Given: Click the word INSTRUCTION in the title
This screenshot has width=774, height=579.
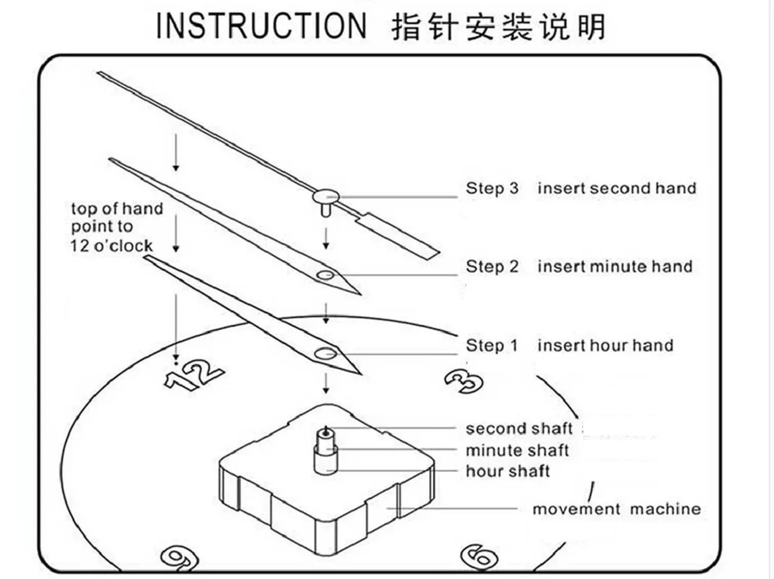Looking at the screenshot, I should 261,26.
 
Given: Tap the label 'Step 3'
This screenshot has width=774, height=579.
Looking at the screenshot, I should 492,188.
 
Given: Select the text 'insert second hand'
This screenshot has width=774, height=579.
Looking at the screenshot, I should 616,188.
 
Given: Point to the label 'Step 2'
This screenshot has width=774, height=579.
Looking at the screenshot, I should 492,266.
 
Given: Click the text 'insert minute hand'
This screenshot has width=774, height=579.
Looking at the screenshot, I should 615,266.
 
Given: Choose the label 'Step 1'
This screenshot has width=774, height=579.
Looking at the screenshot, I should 492,345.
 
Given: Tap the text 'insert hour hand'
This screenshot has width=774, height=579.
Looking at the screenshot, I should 605,345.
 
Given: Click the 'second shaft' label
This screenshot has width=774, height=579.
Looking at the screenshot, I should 518,428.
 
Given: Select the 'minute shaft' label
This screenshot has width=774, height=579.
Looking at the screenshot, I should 517,450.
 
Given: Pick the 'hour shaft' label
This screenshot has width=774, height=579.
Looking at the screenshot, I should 508,472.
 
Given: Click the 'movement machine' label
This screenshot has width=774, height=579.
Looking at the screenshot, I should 616,509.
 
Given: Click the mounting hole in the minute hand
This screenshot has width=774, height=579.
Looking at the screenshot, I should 326,275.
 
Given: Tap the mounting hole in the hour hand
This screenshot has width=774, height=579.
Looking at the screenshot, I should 326,354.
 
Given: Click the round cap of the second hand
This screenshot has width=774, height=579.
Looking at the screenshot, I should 327,195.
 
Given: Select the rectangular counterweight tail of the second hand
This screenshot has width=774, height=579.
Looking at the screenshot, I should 400,233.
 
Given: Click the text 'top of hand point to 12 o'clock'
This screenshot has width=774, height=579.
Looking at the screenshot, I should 117,227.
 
